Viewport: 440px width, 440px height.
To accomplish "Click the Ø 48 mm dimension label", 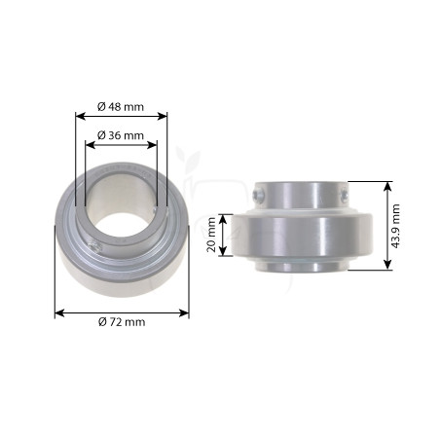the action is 121,106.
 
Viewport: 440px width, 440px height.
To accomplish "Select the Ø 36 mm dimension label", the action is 121,135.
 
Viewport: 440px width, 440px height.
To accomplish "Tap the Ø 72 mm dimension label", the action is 122,322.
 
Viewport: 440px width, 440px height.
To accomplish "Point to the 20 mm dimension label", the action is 211,235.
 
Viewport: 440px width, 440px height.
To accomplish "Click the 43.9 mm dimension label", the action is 395,226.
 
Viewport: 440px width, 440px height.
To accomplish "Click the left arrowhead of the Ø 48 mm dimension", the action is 80,116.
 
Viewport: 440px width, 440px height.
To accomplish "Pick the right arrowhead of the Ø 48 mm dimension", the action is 163,116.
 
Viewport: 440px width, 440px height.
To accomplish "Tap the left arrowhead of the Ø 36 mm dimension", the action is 90,145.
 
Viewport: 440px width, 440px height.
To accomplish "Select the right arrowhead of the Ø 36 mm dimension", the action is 152,145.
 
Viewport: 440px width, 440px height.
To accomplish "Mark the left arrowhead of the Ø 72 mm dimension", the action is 59,313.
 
